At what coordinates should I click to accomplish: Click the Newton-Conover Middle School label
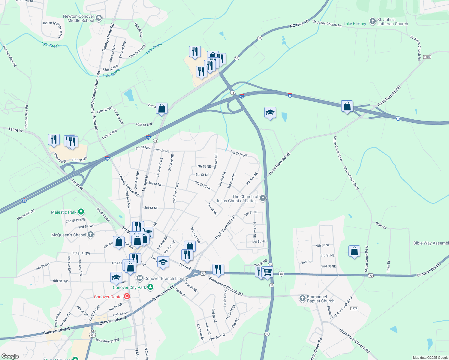[79, 19]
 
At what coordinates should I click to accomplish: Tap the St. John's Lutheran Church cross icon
[372, 21]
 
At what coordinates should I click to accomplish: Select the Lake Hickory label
[355, 24]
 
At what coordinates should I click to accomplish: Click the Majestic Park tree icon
[81, 212]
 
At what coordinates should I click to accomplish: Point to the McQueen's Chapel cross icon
[91, 235]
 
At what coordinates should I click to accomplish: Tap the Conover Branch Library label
[166, 278]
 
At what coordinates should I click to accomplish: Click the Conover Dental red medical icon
[127, 297]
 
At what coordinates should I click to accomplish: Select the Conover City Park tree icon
[150, 287]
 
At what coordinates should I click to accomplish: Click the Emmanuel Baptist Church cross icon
[302, 298]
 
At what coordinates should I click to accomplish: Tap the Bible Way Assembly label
[431, 243]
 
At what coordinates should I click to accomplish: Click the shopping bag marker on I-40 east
[347, 106]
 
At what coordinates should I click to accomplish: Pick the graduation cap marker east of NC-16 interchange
[270, 113]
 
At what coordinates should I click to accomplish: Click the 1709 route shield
[427, 57]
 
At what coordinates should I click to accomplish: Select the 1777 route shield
[354, 308]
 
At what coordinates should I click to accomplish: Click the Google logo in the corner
[10, 356]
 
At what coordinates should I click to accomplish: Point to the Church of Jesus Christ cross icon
[263, 198]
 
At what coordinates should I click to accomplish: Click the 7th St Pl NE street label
[239, 154]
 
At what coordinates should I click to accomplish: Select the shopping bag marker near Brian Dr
[354, 251]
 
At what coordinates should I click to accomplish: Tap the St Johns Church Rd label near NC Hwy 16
[327, 24]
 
